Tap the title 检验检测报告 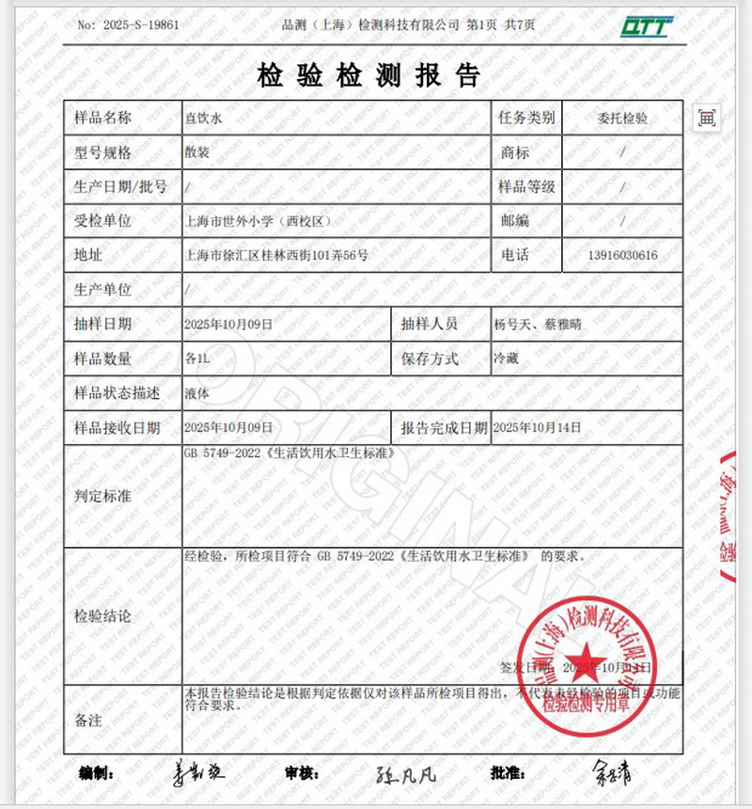pyautogui.click(x=369, y=75)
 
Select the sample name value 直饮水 pyautogui.click(x=200, y=119)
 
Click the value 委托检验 pyautogui.click(x=622, y=119)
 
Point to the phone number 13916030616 pyautogui.click(x=622, y=255)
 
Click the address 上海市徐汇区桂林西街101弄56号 pyautogui.click(x=277, y=255)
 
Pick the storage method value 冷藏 pyautogui.click(x=506, y=358)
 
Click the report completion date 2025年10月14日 pyautogui.click(x=537, y=427)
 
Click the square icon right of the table pyautogui.click(x=707, y=118)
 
